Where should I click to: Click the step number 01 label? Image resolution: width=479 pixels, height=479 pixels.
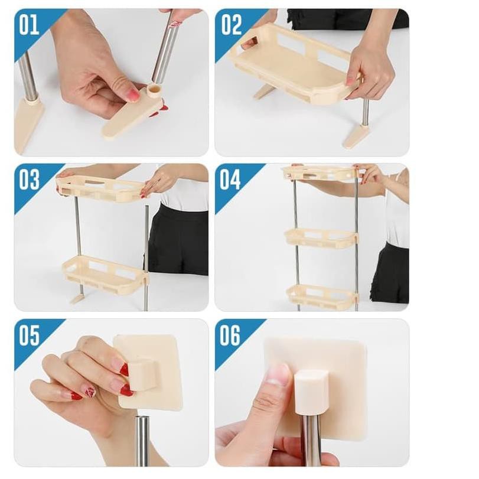(29, 25)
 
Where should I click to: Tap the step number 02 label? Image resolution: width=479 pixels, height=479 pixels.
(232, 25)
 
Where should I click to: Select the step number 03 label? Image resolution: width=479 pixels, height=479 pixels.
(29, 180)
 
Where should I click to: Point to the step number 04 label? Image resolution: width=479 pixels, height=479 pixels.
(230, 180)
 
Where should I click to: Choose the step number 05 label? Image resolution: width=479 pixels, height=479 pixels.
(29, 335)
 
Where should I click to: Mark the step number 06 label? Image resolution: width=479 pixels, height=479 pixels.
(230, 335)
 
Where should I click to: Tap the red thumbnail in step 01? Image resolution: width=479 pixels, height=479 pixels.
(133, 95)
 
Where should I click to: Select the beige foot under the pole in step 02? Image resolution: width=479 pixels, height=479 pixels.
(356, 135)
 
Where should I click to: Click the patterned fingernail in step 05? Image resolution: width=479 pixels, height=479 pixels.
(90, 392)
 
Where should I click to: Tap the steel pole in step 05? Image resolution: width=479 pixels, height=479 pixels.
(142, 441)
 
